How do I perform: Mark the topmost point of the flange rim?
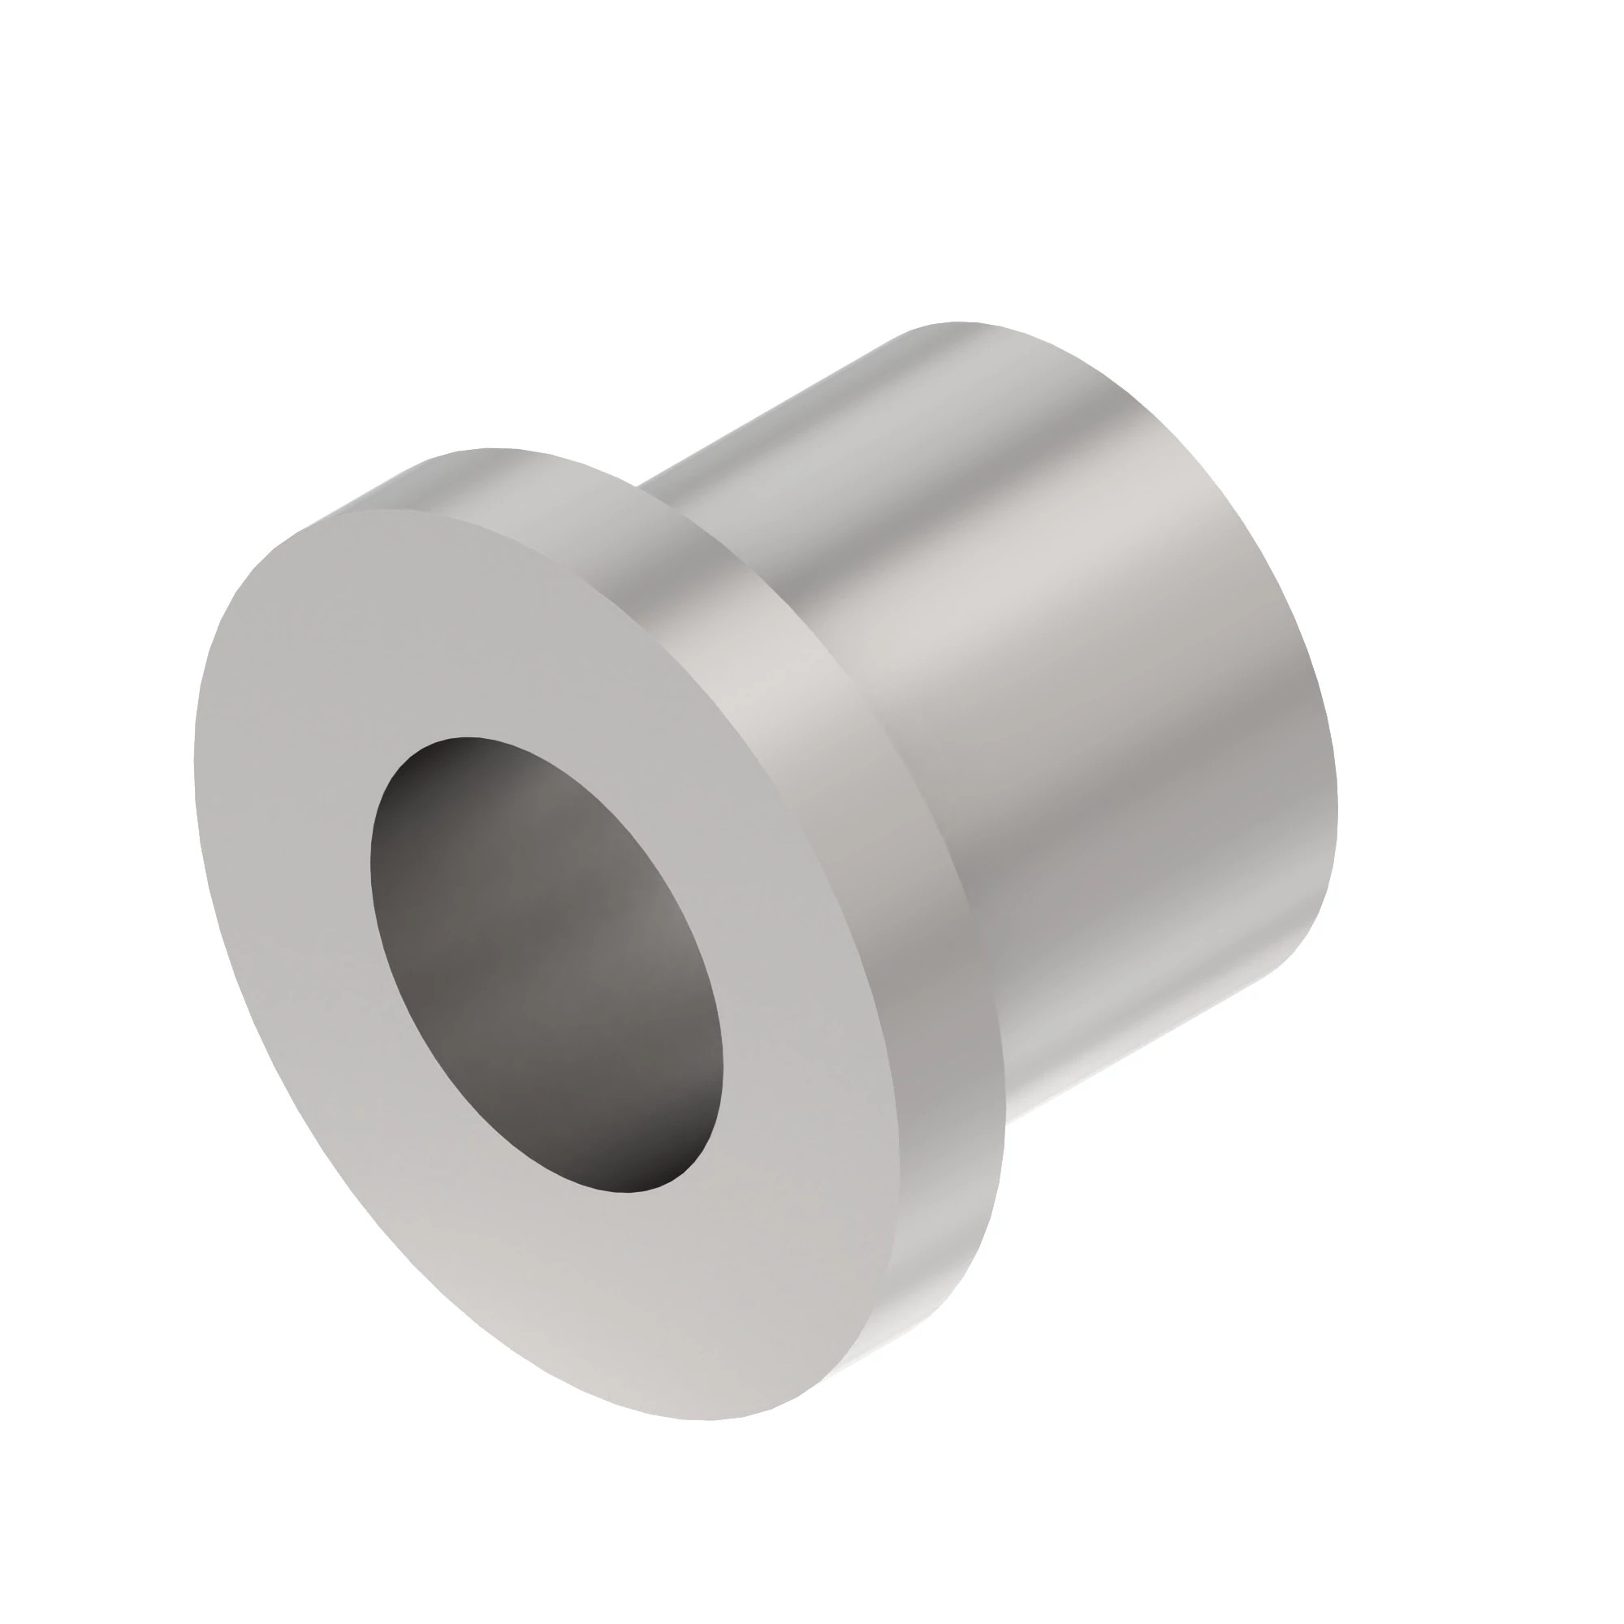tap(492, 450)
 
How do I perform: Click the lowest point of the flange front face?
tap(706, 1419)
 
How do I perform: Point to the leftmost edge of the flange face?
tap(195, 757)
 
